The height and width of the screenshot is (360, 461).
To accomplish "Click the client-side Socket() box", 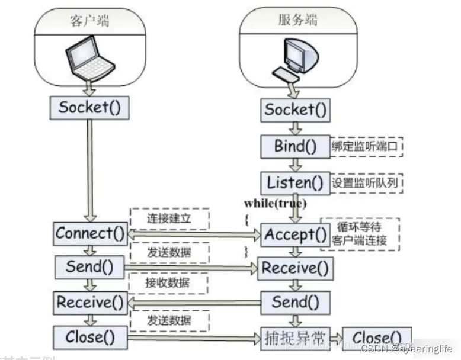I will click(x=88, y=107).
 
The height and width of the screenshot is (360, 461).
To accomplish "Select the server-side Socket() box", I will click(x=296, y=110).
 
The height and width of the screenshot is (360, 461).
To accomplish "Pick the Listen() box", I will click(x=294, y=182).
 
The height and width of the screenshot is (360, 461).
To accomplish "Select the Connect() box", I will click(x=91, y=233).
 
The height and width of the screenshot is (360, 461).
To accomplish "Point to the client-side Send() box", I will click(x=89, y=266).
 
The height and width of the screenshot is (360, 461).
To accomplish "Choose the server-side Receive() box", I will click(x=295, y=268).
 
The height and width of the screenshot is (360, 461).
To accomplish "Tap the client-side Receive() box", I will click(x=90, y=303).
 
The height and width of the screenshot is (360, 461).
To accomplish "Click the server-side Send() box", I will click(x=295, y=303).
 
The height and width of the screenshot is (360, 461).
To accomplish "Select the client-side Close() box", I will click(x=89, y=337).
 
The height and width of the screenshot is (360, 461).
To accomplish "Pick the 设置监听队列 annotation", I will click(x=366, y=182).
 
